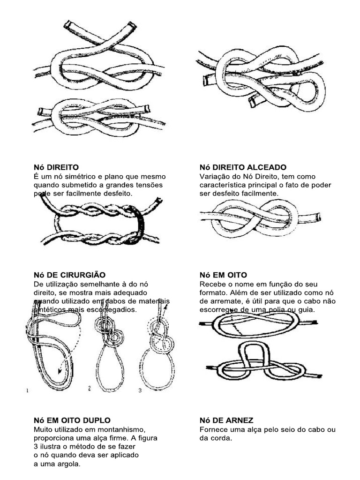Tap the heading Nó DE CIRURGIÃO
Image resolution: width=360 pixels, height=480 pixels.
point(69,275)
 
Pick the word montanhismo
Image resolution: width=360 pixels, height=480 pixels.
point(123,429)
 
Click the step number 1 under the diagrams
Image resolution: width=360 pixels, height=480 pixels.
point(27,390)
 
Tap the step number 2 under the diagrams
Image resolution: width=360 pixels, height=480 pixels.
point(89,389)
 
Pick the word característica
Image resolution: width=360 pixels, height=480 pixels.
point(220,185)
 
